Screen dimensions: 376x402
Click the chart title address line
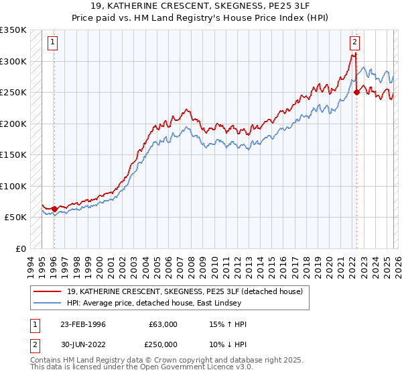tap(201, 6)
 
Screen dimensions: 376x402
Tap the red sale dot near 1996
tap(54, 209)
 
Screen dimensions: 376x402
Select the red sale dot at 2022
tap(356, 93)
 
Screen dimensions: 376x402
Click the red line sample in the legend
tap(48, 291)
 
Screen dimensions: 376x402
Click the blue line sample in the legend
tap(48, 303)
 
